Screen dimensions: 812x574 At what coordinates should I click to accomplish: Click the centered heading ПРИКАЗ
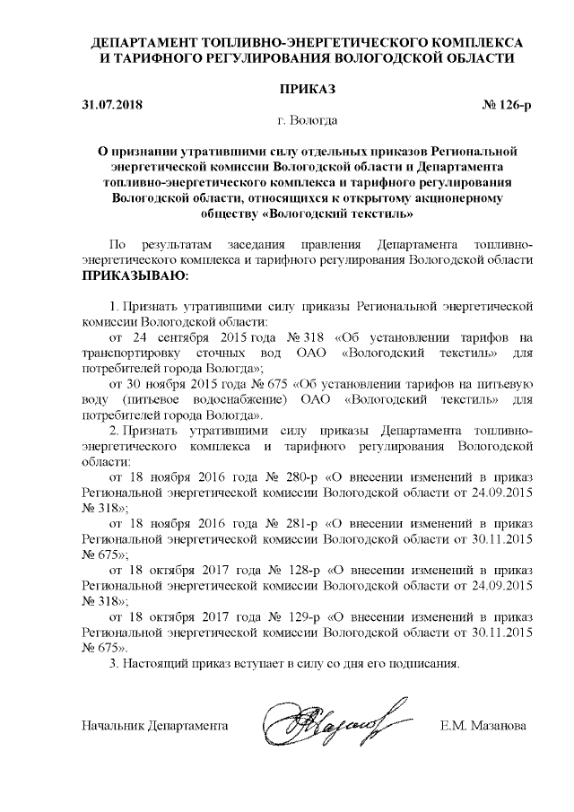[307, 89]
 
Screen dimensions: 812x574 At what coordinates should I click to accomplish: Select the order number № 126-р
[508, 105]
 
